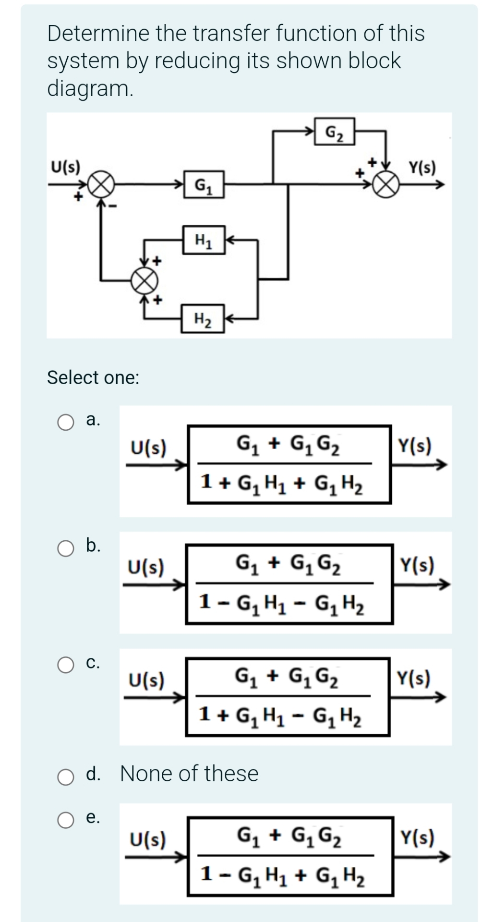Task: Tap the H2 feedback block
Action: tap(203, 318)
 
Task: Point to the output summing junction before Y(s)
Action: tap(389, 184)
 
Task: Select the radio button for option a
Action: tap(66, 422)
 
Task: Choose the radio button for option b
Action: tap(66, 548)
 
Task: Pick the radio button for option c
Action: tap(66, 665)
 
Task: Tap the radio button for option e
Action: tap(66, 821)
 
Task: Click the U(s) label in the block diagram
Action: tap(66, 167)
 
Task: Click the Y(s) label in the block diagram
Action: tap(422, 168)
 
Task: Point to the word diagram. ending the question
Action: tap(90, 88)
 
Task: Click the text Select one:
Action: tap(93, 377)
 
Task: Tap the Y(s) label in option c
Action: tap(413, 679)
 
